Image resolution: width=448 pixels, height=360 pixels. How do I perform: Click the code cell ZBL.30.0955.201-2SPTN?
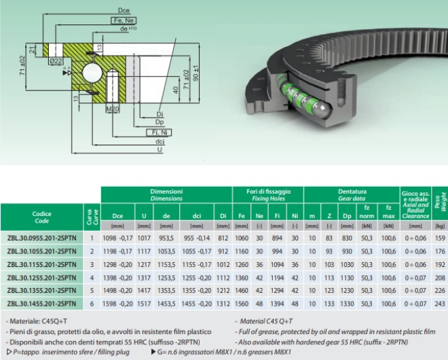coord(41,238)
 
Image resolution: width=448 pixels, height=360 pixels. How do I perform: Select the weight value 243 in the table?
coord(440,304)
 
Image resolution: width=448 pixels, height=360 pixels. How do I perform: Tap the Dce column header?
coord(117,216)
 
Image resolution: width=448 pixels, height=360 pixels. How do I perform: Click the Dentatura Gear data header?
coord(352,195)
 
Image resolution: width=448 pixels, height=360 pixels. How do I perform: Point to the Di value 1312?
coord(223,304)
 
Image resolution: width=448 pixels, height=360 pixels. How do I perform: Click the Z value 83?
coord(329,238)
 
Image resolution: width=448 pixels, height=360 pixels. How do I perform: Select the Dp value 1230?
coord(347,291)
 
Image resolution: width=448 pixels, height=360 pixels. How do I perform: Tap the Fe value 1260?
coord(242,264)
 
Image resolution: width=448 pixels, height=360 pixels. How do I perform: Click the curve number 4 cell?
coord(92,278)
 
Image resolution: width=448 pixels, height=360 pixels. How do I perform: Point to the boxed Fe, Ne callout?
coord(124,20)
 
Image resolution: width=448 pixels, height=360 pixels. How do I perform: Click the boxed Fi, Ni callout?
coord(159,132)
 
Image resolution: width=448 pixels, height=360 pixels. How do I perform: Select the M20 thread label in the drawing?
coord(113,109)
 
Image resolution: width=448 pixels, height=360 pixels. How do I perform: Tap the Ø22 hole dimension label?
coord(56,61)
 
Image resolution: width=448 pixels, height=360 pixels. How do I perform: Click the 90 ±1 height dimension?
coord(196,73)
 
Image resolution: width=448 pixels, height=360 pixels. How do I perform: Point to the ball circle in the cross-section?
coord(92,73)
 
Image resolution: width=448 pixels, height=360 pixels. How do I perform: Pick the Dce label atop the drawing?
coord(124,11)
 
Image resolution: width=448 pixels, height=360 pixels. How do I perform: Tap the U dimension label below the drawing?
coord(160,149)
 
